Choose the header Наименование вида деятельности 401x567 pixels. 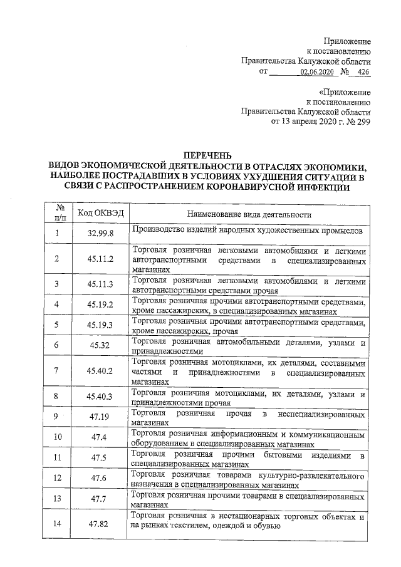pyautogui.click(x=249, y=214)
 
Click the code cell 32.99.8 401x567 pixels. pyautogui.click(x=100, y=234)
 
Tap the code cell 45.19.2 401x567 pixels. pyautogui.click(x=100, y=304)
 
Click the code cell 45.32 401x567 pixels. pyautogui.click(x=100, y=345)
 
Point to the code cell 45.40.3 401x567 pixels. pyautogui.click(x=100, y=396)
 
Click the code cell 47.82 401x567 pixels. pyautogui.click(x=100, y=524)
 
